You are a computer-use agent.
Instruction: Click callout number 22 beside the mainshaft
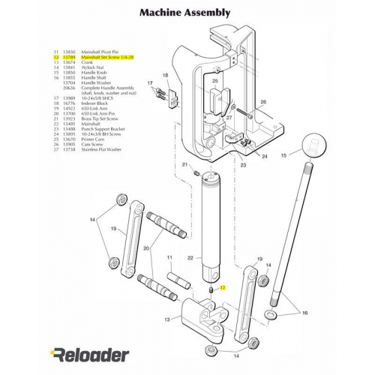click(x=190, y=258)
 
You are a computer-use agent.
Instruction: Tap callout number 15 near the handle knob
click(x=283, y=155)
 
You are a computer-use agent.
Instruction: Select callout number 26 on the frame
click(x=262, y=101)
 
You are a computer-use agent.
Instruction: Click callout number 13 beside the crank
click(x=166, y=319)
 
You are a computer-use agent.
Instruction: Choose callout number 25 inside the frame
click(x=214, y=81)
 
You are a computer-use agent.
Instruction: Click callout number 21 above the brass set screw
click(x=184, y=165)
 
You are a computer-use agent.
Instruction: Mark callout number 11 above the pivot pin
click(x=169, y=258)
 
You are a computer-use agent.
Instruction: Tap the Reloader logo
click(x=89, y=354)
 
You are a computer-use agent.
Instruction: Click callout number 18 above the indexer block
click(x=165, y=76)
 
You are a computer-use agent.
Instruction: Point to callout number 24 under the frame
click(x=264, y=156)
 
